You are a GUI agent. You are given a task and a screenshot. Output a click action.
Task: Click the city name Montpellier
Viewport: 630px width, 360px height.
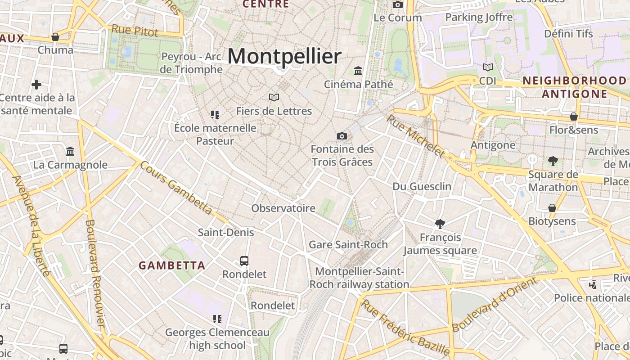(x=284, y=57)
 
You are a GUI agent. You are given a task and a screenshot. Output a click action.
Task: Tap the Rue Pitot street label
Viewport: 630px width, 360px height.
(x=135, y=31)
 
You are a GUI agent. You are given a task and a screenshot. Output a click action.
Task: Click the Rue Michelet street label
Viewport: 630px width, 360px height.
(x=415, y=136)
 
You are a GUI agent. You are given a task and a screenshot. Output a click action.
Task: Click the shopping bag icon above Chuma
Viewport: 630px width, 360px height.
(x=55, y=37)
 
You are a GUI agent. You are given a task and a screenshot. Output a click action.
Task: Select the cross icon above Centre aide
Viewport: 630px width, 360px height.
(x=36, y=85)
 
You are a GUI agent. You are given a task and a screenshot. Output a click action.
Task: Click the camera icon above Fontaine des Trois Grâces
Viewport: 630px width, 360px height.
(x=342, y=136)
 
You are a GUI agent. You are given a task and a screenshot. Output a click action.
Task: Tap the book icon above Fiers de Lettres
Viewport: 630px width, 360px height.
(x=274, y=97)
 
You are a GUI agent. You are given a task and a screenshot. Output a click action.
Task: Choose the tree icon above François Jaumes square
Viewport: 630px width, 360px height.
(x=440, y=224)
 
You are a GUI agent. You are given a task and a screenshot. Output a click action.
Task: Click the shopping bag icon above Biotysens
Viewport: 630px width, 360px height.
(x=552, y=208)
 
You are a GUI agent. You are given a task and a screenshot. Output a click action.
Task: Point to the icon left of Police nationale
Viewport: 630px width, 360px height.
(x=593, y=284)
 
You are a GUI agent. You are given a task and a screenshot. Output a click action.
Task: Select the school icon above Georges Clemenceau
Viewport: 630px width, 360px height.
(x=217, y=319)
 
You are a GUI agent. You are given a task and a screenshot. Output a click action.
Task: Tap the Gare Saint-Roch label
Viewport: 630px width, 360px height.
(x=348, y=245)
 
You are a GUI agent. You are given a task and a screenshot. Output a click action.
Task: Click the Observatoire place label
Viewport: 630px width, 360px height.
(x=283, y=208)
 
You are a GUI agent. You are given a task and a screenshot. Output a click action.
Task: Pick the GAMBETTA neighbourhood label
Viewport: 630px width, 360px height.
(x=172, y=265)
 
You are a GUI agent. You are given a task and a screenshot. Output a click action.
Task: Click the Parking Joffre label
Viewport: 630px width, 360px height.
(x=479, y=18)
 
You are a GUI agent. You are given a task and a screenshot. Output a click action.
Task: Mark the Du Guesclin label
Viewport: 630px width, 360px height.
(x=422, y=186)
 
